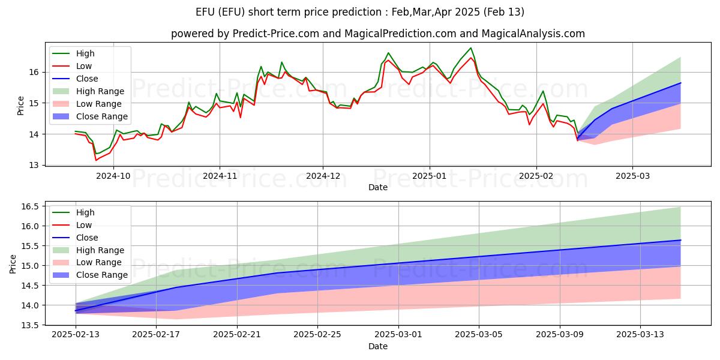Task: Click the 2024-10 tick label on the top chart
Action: pyautogui.click(x=113, y=175)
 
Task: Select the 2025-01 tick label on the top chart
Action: pyautogui.click(x=429, y=175)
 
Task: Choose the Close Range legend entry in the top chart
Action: pyautogui.click(x=101, y=116)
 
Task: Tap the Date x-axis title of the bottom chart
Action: pyautogui.click(x=378, y=346)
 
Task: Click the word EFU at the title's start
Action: pyautogui.click(x=207, y=12)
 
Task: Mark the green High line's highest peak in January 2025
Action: pyautogui.click(x=471, y=48)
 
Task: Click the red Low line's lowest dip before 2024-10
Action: pyautogui.click(x=96, y=160)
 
